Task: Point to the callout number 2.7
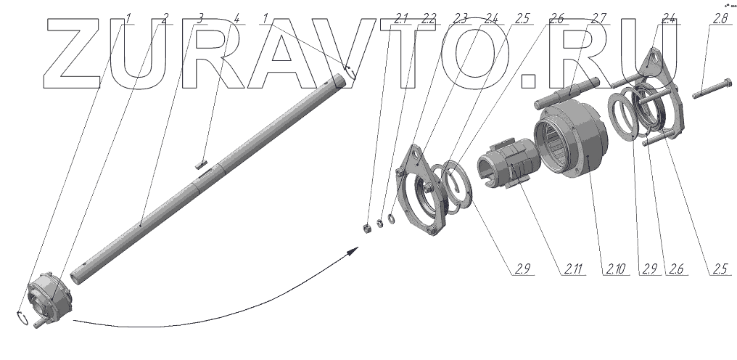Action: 599,20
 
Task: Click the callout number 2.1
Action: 401,20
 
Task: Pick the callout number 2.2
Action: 428,20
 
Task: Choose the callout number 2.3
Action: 459,20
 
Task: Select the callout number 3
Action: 200,20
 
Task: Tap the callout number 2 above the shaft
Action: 165,20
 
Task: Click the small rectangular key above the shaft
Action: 202,164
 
